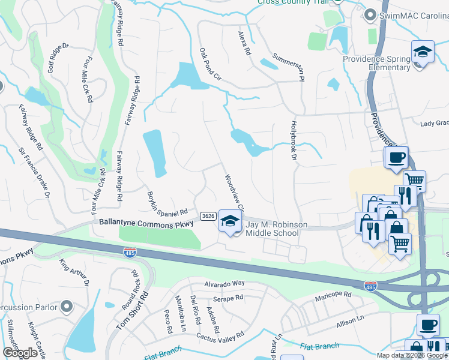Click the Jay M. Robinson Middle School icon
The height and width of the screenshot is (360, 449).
pyautogui.click(x=229, y=221)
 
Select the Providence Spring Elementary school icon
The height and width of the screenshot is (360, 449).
pyautogui.click(x=422, y=52)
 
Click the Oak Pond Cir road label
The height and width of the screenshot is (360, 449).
pyautogui.click(x=211, y=65)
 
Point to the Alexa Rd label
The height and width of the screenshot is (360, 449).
pyautogui.click(x=244, y=44)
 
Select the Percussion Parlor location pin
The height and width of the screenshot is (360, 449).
pyautogui.click(x=66, y=308)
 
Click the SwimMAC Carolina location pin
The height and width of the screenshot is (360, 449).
pyautogui.click(x=370, y=14)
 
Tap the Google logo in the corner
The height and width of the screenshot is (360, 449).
pyautogui.click(x=20, y=353)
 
